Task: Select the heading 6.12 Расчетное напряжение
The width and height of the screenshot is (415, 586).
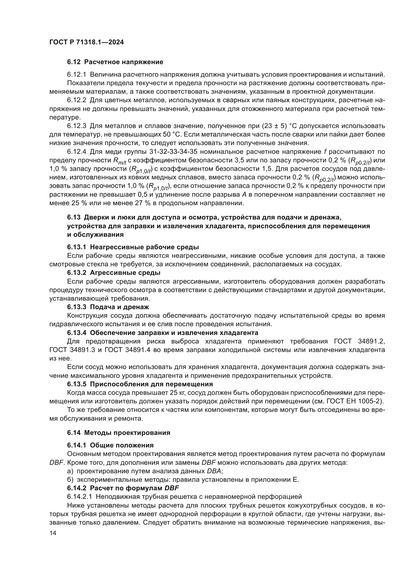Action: coord(115,62)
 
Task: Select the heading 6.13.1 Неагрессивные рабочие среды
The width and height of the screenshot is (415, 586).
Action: coord(133,247)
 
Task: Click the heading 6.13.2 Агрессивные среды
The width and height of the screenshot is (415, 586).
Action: coord(114,273)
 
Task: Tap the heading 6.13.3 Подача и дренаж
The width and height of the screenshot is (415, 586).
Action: coord(108,307)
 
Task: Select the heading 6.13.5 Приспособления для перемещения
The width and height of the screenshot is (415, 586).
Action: coord(140,384)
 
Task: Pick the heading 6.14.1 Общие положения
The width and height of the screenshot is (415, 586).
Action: coord(110,445)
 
